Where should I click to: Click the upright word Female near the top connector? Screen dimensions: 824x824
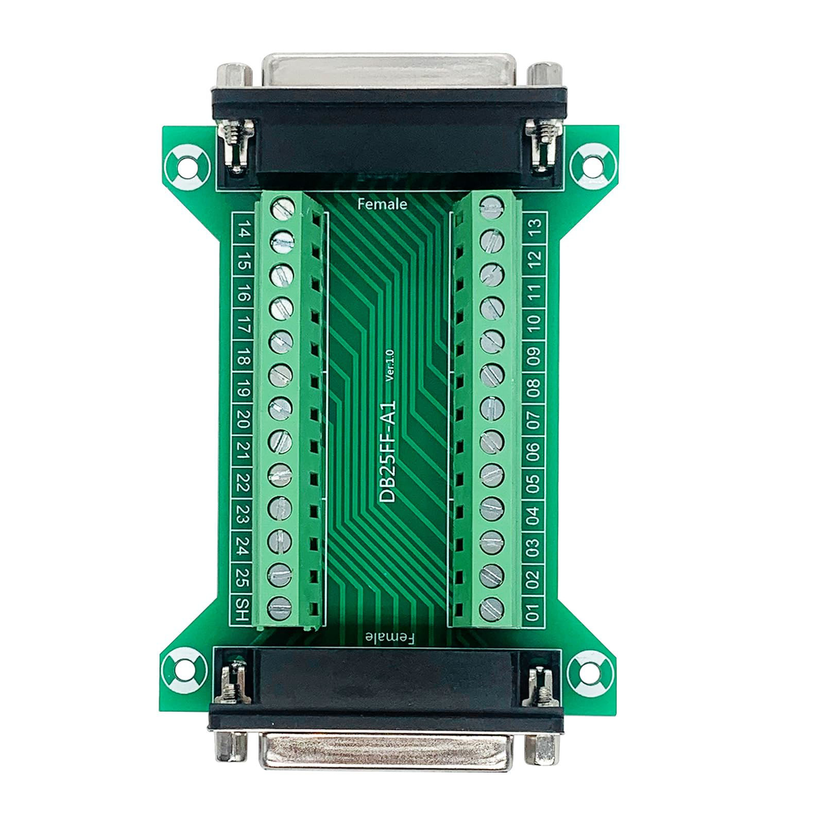(x=382, y=204)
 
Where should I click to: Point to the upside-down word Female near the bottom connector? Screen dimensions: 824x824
(x=389, y=639)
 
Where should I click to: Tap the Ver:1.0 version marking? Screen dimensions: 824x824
(x=389, y=365)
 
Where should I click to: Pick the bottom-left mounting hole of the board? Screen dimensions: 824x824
(x=184, y=671)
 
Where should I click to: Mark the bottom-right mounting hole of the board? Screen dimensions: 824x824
(x=591, y=671)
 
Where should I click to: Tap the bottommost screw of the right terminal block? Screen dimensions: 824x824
(x=491, y=609)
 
